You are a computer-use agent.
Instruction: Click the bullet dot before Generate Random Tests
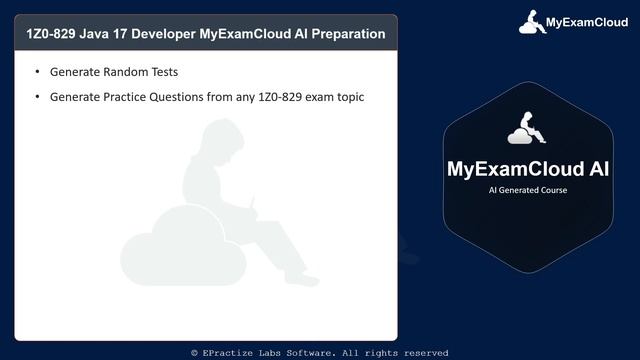(38, 73)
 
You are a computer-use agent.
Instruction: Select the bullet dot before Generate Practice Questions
(38, 97)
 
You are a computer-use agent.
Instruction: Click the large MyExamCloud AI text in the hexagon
(527, 166)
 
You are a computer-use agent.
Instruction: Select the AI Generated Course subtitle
(527, 189)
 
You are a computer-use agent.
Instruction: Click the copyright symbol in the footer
(195, 353)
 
